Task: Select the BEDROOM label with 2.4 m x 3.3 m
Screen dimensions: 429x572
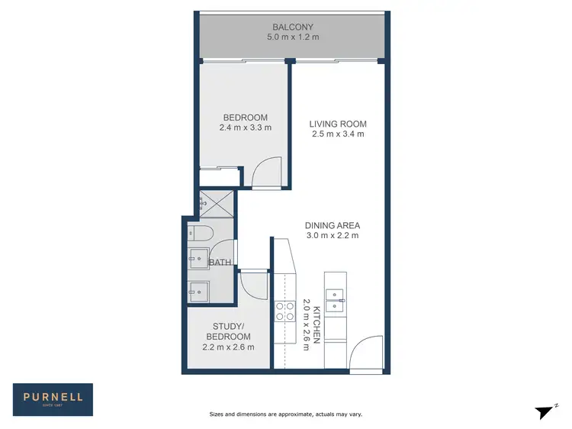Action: [245, 117]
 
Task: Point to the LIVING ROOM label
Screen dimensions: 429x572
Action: [338, 124]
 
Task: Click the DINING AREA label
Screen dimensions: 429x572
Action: [332, 225]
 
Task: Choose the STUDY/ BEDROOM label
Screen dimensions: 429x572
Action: [228, 331]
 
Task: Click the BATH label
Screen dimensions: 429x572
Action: [220, 263]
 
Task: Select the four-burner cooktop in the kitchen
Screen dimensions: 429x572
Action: [284, 311]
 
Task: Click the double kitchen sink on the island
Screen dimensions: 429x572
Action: [336, 300]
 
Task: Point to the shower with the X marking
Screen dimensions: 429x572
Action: [217, 202]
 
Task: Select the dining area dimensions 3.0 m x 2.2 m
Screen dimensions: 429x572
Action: [332, 236]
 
